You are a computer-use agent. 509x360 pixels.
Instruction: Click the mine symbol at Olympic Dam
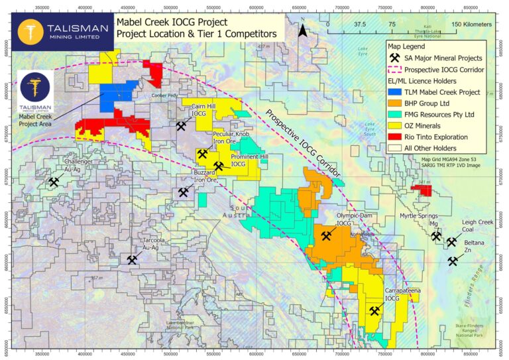click(x=326, y=235)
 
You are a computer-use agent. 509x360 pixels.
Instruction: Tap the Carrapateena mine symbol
click(x=374, y=310)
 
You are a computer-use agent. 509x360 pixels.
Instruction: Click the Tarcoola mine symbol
click(x=132, y=260)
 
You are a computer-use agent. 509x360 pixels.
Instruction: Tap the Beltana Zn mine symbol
click(x=453, y=261)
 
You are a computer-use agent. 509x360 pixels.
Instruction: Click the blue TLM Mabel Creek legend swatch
click(x=396, y=91)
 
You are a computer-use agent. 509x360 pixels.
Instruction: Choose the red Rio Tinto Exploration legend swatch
click(x=396, y=137)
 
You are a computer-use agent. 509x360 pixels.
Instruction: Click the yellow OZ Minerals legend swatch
click(x=396, y=125)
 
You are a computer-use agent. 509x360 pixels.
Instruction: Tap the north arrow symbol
click(x=302, y=29)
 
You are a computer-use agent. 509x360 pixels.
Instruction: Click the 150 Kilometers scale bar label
click(x=472, y=23)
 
